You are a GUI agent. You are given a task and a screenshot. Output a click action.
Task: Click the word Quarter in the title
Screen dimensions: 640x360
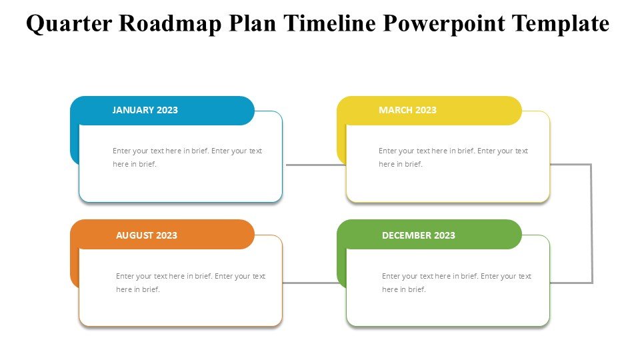[69, 24]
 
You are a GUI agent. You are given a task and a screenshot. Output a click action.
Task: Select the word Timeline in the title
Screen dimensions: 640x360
[330, 23]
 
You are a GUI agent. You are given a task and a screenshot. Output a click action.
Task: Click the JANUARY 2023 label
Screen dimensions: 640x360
[145, 110]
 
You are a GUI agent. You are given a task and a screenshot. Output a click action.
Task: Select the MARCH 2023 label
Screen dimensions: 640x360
[407, 110]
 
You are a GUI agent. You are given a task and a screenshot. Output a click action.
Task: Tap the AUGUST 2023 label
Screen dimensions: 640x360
[147, 235]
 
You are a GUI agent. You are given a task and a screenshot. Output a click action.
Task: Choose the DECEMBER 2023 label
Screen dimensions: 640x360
[419, 235]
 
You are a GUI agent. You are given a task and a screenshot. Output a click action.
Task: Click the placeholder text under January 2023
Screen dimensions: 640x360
[187, 157]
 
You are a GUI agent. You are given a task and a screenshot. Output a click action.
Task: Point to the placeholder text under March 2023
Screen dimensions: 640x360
[453, 157]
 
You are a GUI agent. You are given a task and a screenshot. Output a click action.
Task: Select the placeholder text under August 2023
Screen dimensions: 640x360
[191, 283]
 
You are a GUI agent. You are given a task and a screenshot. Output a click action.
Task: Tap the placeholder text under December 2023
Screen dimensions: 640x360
[457, 283]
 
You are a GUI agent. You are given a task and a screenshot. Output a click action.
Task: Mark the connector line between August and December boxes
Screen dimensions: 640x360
[311, 283]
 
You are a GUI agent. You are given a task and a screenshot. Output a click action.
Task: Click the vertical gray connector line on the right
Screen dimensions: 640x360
[591, 224]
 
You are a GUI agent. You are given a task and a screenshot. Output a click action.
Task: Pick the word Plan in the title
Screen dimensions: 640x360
[253, 23]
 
